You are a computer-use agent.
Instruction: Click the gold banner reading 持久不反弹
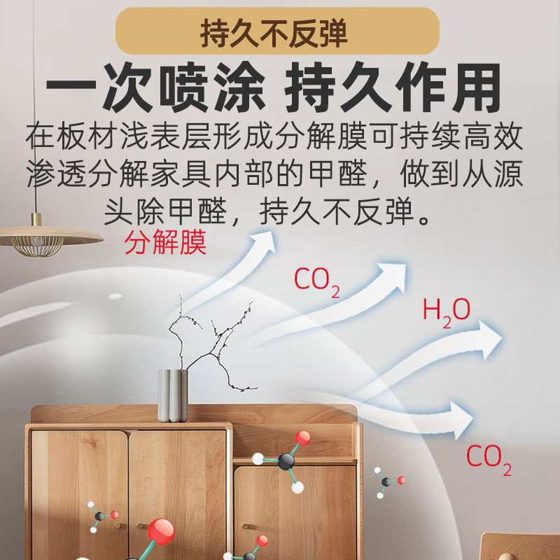tap(277, 31)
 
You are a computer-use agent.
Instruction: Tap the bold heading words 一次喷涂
tap(155, 89)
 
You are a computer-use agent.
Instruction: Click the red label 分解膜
tap(165, 242)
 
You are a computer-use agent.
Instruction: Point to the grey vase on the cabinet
tap(173, 395)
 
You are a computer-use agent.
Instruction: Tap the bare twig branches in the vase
tap(210, 339)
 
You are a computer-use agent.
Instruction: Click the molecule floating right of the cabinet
tap(387, 482)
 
